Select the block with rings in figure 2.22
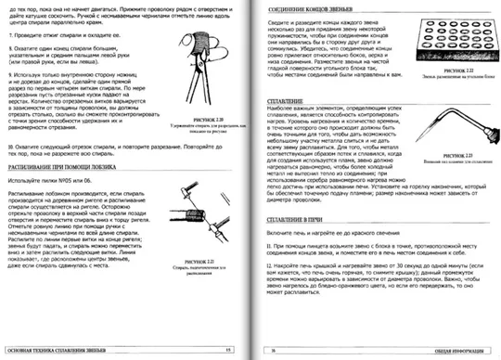click(x=454, y=41)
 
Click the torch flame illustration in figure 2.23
click(x=459, y=139)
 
